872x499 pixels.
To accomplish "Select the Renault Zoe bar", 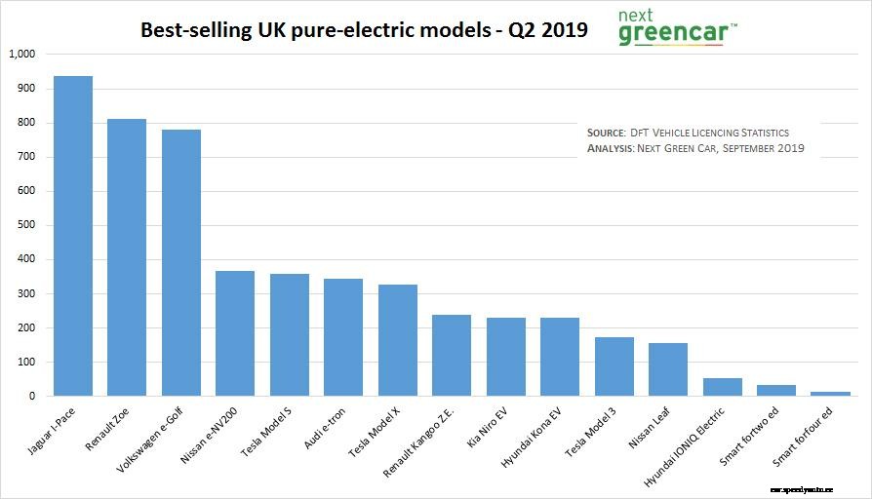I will point(127,257).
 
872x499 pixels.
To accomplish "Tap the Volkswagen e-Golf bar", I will point(180,263).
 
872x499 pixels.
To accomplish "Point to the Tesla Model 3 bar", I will point(614,366).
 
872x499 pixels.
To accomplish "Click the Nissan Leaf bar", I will point(668,369).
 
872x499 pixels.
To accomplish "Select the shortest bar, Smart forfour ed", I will point(831,394).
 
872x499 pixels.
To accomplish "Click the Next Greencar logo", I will point(677,27).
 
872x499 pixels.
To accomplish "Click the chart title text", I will point(364,29).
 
